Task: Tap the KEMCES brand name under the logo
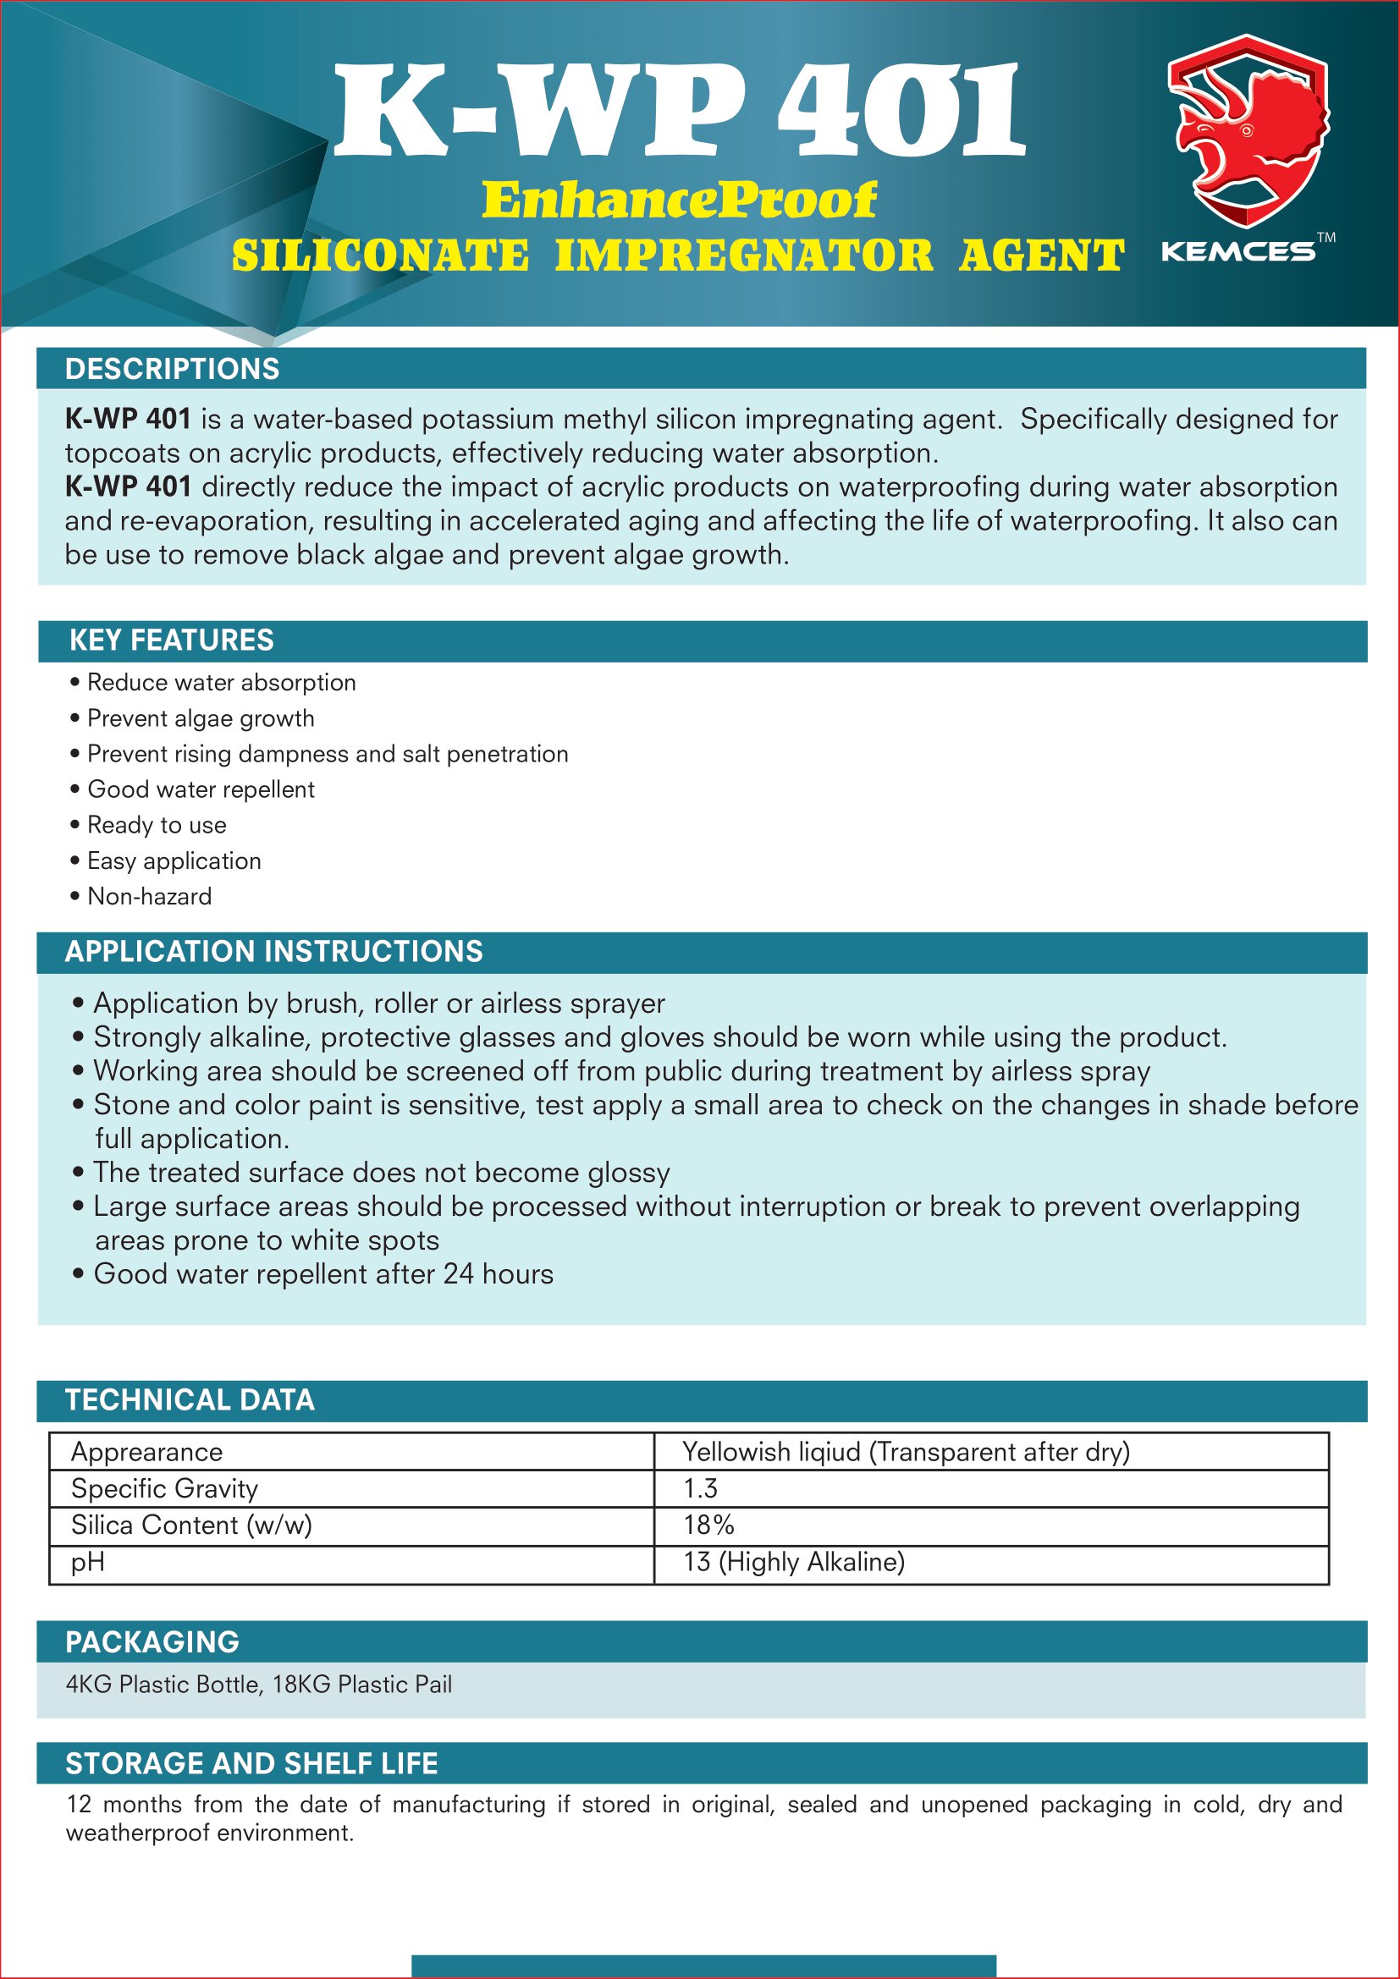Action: pyautogui.click(x=1238, y=251)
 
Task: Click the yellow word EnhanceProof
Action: pyautogui.click(x=679, y=200)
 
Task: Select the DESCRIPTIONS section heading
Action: pyautogui.click(x=173, y=369)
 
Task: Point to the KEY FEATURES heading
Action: pyautogui.click(x=172, y=640)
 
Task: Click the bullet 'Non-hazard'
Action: pyautogui.click(x=149, y=896)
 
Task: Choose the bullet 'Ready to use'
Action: pyautogui.click(x=156, y=825)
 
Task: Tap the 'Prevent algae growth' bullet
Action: pyautogui.click(x=200, y=718)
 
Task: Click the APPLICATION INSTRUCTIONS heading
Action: pyautogui.click(x=273, y=952)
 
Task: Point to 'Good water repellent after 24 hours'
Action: pyautogui.click(x=323, y=1274)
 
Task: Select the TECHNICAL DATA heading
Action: pyautogui.click(x=190, y=1399)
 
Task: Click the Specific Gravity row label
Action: pyautogui.click(x=165, y=1488)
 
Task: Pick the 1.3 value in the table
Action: pyautogui.click(x=700, y=1488)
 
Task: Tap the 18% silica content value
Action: pyautogui.click(x=708, y=1525)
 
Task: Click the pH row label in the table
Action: pyautogui.click(x=88, y=1562)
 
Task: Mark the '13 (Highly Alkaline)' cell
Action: pyautogui.click(x=794, y=1562)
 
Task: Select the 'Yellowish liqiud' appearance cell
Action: pyautogui.click(x=905, y=1453)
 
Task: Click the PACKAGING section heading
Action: pyautogui.click(x=152, y=1642)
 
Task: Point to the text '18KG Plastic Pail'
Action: pyautogui.click(x=362, y=1685)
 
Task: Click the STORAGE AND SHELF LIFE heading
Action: pyautogui.click(x=251, y=1763)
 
